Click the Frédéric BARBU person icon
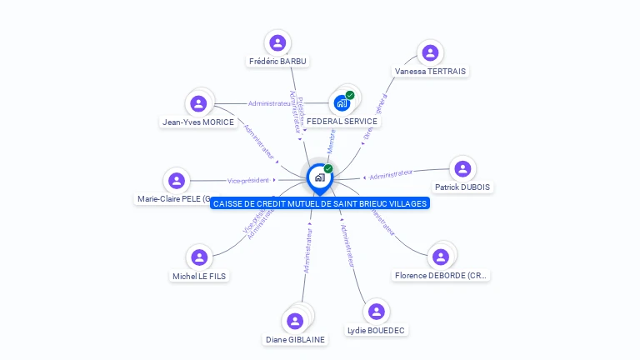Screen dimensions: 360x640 (277, 42)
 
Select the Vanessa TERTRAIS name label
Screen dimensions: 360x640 (430, 72)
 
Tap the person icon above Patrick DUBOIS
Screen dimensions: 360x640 (462, 168)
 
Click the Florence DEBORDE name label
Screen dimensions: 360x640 (441, 275)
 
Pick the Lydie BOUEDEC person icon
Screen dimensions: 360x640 (377, 312)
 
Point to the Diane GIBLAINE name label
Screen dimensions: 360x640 (296, 339)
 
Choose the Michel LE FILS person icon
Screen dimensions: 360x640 (198, 257)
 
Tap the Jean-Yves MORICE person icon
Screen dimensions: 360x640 (198, 103)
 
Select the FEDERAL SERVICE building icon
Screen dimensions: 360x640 (342, 102)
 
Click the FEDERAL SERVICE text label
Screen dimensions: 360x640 (342, 121)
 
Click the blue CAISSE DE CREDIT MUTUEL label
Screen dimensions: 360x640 (320, 203)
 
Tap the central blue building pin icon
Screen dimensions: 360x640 (319, 177)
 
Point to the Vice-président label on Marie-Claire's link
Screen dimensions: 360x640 (248, 180)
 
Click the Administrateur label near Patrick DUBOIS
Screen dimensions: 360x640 (391, 174)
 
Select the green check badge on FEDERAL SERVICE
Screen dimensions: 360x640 (350, 95)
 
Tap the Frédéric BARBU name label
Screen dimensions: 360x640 (277, 62)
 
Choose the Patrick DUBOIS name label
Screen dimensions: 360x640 (462, 187)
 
